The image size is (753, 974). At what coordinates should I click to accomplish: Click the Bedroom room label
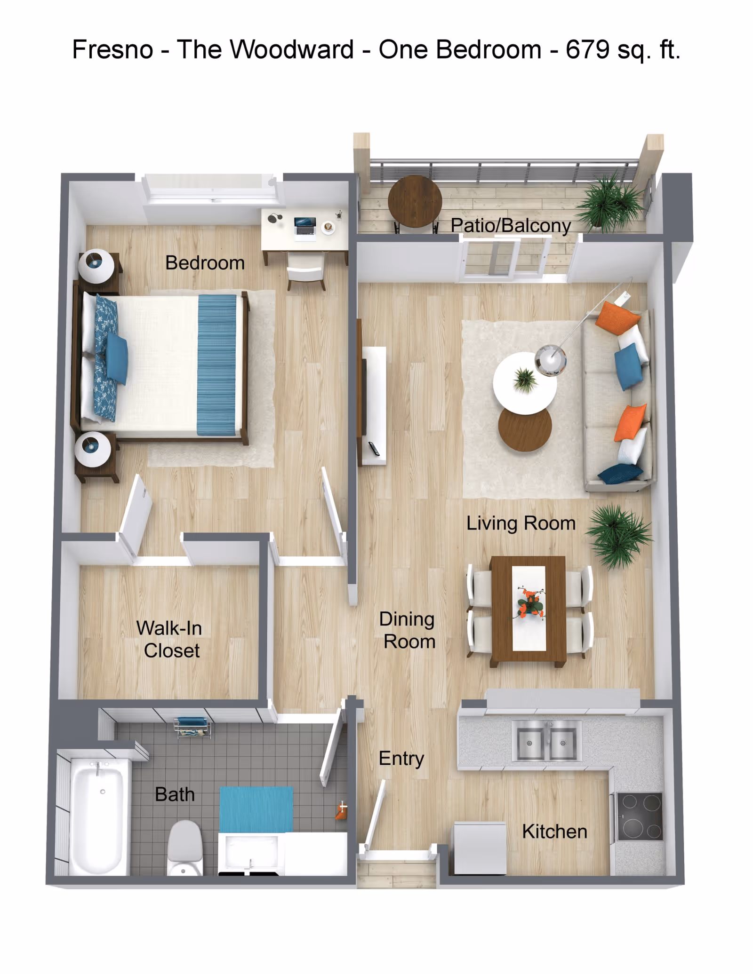[205, 263]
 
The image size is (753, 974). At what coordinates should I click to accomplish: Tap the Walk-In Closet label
[169, 639]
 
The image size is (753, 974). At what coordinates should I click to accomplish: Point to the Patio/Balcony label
[511, 226]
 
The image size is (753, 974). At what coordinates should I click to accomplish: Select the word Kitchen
[554, 831]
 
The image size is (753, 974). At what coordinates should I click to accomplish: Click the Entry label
[401, 758]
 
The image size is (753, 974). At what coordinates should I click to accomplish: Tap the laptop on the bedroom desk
[305, 226]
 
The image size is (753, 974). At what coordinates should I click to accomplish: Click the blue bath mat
[256, 809]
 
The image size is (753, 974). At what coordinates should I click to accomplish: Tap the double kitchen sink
[546, 743]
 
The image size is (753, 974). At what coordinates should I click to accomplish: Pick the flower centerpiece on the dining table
[531, 603]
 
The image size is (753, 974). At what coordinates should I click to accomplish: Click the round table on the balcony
[415, 201]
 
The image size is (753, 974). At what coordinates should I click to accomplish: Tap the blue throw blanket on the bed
[216, 364]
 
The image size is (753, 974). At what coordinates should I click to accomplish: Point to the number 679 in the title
[588, 49]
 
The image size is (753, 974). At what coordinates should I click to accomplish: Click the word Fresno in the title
[112, 49]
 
